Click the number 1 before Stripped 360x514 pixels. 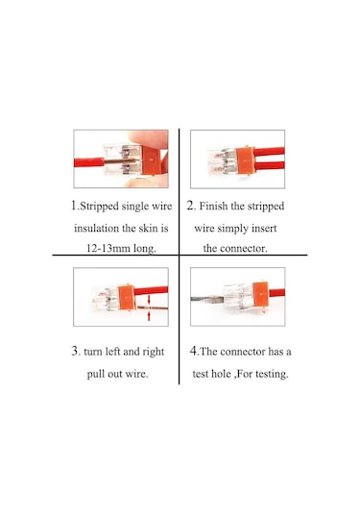[74, 206]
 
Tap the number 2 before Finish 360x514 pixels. [191, 206]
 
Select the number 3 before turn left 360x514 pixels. [75, 351]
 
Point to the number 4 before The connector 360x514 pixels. [194, 351]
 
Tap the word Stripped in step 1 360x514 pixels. [99, 207]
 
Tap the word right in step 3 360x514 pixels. [154, 352]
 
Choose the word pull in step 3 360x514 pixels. [95, 374]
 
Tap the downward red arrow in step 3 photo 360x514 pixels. [149, 300]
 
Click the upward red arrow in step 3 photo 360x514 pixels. [149, 315]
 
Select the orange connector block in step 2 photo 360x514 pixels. [245, 161]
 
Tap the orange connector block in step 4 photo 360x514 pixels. [261, 294]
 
